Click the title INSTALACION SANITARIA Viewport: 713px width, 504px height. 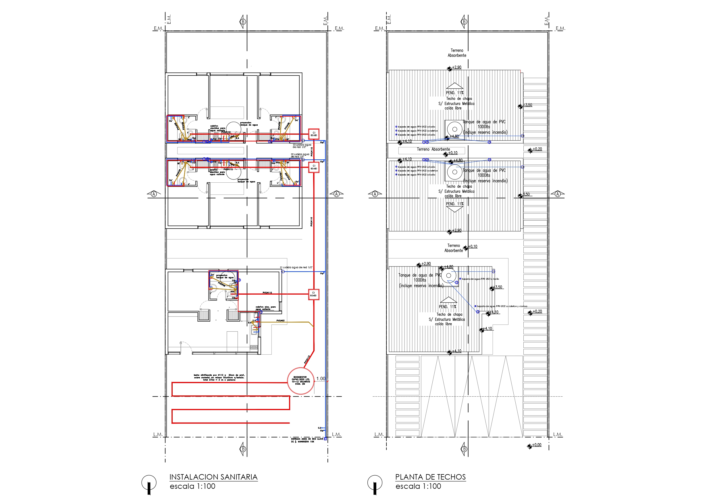(213, 477)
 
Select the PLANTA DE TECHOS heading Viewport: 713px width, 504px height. (430, 477)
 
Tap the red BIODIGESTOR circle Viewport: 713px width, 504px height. (300, 381)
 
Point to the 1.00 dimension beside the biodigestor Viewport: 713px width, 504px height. (321, 379)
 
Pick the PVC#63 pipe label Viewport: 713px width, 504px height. (280, 320)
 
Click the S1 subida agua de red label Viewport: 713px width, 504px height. (296, 267)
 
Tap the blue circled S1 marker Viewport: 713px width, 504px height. (283, 272)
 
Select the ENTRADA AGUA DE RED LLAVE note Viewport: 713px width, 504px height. (307, 440)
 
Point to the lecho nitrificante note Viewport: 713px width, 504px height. (219, 377)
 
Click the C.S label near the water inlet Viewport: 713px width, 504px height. (319, 428)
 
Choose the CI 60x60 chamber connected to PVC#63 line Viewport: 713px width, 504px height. (313, 294)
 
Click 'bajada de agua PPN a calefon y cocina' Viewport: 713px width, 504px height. (502, 306)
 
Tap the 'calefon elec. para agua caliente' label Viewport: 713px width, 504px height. (265, 308)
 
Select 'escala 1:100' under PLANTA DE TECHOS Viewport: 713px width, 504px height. (418, 486)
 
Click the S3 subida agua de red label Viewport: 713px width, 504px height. (302, 146)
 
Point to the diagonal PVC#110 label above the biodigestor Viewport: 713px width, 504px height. (307, 360)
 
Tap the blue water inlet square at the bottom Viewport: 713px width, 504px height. (325, 439)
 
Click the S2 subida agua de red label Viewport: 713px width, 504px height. (300, 155)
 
